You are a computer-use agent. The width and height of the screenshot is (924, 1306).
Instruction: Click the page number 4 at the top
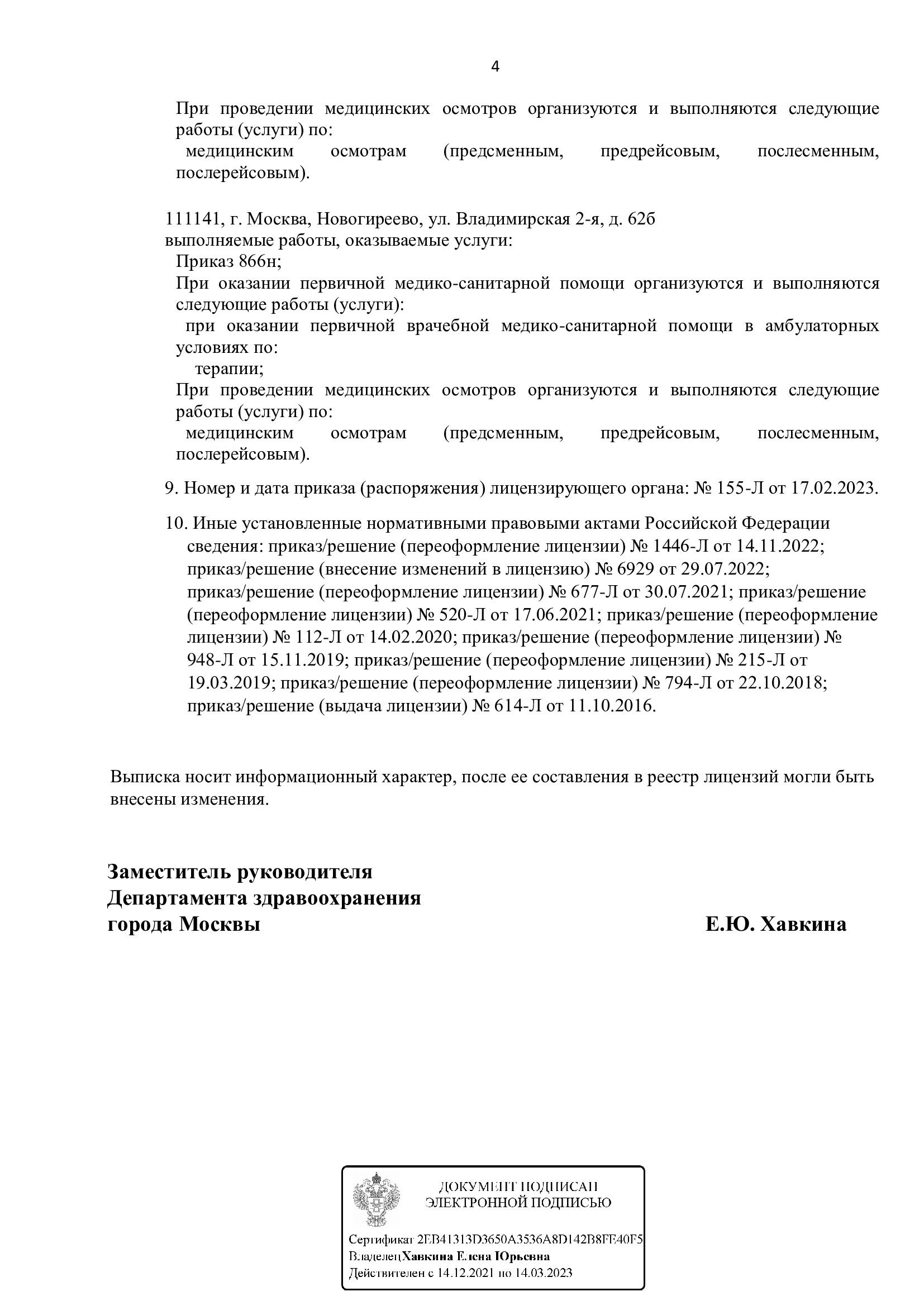click(x=494, y=67)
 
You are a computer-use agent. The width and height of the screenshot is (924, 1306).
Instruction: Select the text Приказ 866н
click(x=228, y=262)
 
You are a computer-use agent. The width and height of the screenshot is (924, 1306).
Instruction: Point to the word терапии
click(x=229, y=369)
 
